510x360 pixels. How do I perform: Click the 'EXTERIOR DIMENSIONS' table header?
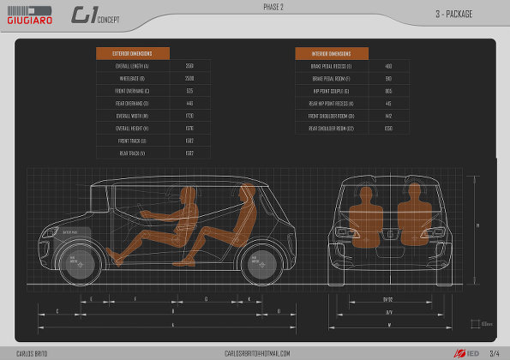133,53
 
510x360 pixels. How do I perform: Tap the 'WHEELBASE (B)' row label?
133,78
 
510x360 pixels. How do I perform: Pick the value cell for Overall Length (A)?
189,66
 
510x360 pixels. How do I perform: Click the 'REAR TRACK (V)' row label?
133,153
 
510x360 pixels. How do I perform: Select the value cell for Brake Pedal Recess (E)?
388,66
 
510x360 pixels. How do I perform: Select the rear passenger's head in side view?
247,190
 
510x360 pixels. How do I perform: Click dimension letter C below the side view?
57,310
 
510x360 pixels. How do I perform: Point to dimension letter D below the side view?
279,310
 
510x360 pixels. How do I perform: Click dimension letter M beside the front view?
477,226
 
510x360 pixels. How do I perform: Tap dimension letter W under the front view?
388,325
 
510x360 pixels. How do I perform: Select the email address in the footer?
257,353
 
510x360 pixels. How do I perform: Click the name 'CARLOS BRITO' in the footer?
32,353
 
